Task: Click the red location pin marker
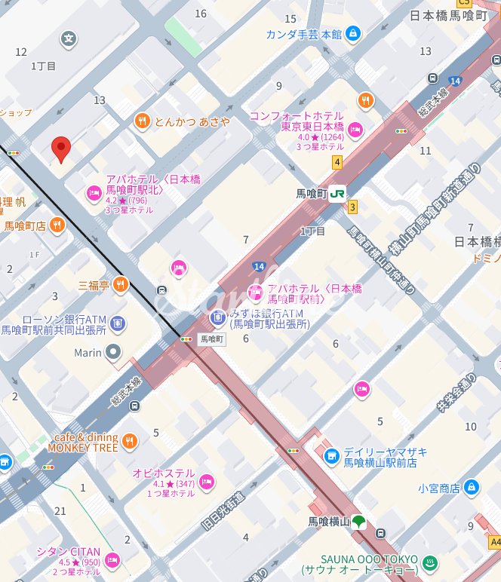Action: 61,149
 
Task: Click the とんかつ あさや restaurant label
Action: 192,121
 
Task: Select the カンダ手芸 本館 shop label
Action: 303,34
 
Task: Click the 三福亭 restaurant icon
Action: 121,285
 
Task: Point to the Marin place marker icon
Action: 113,352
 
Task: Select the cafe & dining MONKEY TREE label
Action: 82,443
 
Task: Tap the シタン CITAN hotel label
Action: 69,552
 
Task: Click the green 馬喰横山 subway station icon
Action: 359,521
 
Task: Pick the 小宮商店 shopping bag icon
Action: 472,487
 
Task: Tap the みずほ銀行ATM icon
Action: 218,319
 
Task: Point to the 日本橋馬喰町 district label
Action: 448,15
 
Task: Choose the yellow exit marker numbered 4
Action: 337,162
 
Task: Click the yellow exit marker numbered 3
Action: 352,207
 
